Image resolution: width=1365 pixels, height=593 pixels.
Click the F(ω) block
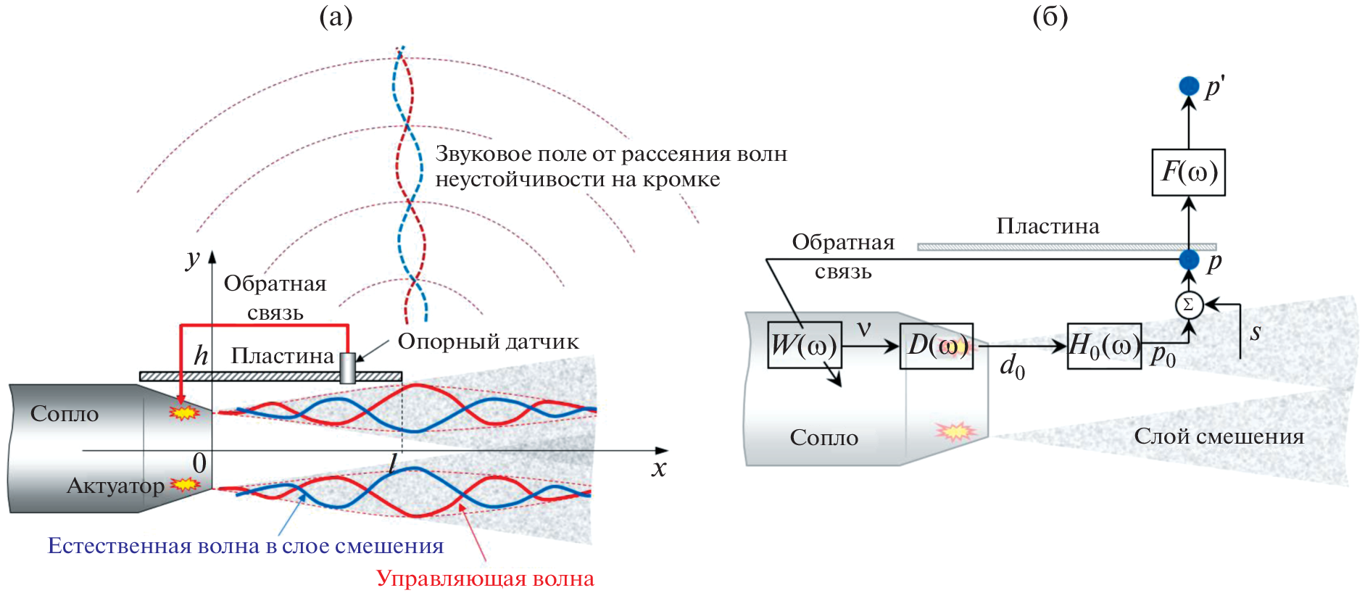pos(1188,173)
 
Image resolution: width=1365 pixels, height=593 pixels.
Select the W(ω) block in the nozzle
pos(804,345)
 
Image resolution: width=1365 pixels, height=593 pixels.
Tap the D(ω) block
pos(936,346)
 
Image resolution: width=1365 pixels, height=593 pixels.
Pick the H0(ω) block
pos(1103,346)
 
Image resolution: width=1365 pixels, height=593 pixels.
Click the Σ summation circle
pos(1188,304)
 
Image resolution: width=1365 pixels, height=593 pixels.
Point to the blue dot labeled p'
pos(1189,86)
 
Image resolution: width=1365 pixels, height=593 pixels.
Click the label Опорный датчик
pos(488,342)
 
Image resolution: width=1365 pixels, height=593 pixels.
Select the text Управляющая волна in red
pos(485,579)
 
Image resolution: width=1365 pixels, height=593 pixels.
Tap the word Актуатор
pos(116,485)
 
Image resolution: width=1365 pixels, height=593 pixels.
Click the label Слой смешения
pos(1219,436)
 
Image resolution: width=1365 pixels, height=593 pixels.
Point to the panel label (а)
pos(336,16)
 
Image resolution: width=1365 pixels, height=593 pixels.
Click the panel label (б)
pos(1050,16)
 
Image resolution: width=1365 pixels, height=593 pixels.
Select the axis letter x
pos(658,468)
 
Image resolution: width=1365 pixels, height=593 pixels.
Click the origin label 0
pos(199,463)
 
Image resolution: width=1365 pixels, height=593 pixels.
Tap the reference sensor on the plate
pos(347,368)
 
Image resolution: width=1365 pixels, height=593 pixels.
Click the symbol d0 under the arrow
pos(1012,366)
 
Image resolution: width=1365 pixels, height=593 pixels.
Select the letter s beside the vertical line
pos(1256,332)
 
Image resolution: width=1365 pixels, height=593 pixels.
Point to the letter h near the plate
pos(201,355)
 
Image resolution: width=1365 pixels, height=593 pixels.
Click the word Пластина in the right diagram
pos(1047,226)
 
